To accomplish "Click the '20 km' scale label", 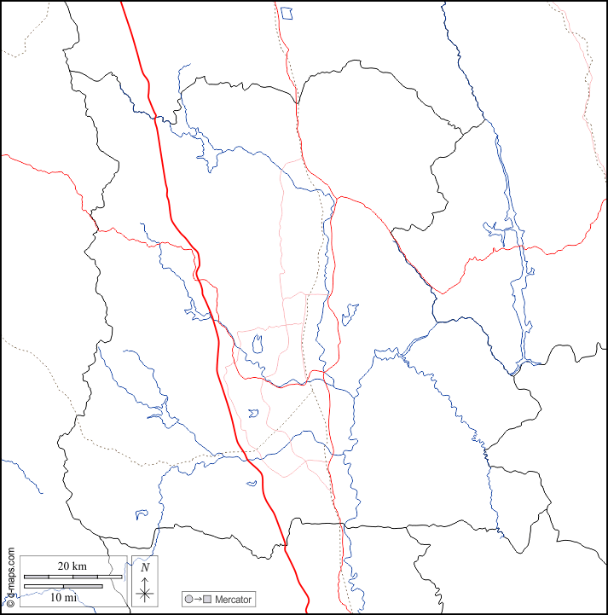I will click(x=72, y=566).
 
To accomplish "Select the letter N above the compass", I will click(x=145, y=566).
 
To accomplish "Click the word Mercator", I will click(x=234, y=600).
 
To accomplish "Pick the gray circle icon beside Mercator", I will click(x=189, y=600).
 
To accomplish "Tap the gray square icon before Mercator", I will click(x=207, y=600).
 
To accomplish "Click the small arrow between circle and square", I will click(x=198, y=600).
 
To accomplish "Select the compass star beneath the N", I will click(x=145, y=589).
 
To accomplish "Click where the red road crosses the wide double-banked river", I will click(x=510, y=247).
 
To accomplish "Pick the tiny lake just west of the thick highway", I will click(x=252, y=483).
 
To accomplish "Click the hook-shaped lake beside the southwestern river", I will click(x=142, y=513).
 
